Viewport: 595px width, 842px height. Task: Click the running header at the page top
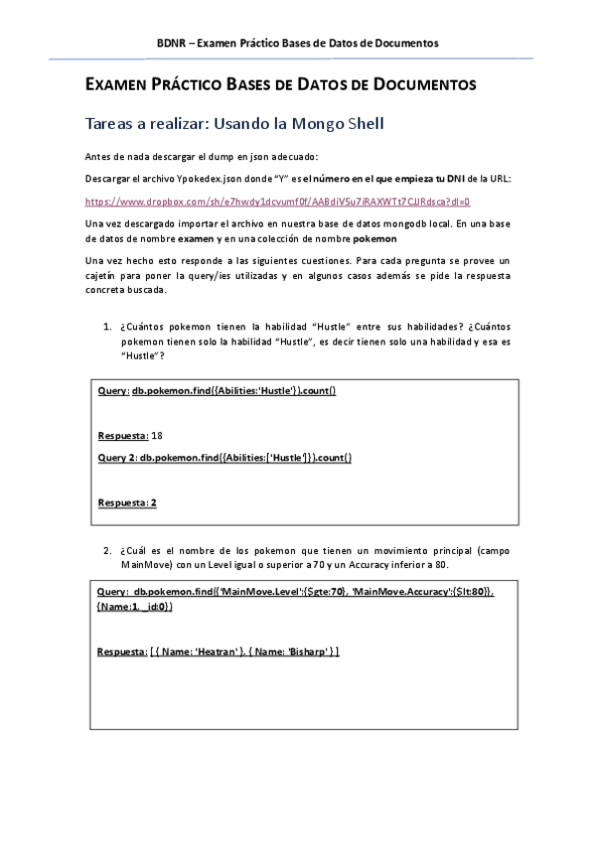point(298,43)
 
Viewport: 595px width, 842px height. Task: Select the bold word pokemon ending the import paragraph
point(375,239)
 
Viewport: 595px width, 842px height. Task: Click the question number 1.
point(106,327)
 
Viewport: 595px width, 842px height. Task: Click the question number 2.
point(106,549)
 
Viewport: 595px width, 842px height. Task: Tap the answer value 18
point(157,436)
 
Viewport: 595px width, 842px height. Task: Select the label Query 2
point(117,457)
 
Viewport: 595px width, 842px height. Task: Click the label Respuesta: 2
point(127,502)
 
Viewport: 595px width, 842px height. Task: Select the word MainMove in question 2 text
point(145,564)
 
